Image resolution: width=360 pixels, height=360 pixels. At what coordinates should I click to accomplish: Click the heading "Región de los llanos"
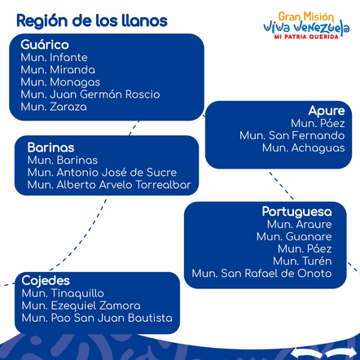(92, 21)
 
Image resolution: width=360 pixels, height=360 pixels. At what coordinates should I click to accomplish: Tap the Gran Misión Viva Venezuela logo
(306, 25)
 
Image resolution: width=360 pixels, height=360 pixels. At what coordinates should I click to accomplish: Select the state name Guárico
(45, 45)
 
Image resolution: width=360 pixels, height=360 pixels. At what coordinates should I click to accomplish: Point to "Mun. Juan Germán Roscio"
(90, 94)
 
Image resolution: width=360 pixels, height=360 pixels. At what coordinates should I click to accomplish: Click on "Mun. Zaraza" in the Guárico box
(54, 107)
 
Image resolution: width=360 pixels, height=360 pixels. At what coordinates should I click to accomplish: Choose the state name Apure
(327, 111)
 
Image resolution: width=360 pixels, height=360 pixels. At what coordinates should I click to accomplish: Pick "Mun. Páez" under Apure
(318, 123)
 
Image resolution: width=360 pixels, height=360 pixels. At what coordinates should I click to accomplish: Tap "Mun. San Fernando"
(292, 135)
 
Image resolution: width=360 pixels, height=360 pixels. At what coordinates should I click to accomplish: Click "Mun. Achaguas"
(304, 148)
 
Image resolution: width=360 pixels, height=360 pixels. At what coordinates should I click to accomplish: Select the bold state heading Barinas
(50, 147)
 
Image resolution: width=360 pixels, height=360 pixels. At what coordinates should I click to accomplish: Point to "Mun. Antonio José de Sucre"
(102, 173)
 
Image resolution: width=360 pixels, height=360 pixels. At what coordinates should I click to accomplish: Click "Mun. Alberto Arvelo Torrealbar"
(109, 185)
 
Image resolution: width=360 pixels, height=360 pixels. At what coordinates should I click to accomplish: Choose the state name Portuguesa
(296, 212)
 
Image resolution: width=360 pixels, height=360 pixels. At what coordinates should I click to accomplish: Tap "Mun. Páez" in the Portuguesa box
(305, 249)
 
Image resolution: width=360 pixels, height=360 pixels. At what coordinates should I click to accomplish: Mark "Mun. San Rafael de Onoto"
(261, 274)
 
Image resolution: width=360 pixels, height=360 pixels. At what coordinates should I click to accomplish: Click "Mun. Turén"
(302, 261)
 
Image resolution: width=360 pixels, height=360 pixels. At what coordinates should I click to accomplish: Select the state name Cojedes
(46, 281)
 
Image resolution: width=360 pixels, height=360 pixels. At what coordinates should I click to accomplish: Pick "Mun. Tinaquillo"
(63, 293)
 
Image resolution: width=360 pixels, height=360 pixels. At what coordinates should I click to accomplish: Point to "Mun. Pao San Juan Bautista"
(97, 318)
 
